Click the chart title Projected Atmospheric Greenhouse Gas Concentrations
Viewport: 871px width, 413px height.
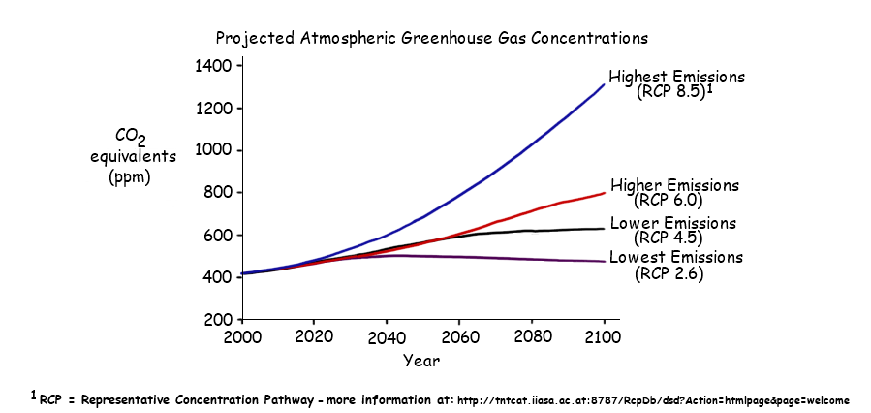pyautogui.click(x=431, y=39)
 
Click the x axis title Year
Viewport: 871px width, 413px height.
pyautogui.click(x=422, y=360)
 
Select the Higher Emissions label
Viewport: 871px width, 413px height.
pyautogui.click(x=674, y=185)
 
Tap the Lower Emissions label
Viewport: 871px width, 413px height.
pyautogui.click(x=672, y=223)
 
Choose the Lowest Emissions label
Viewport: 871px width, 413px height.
pyautogui.click(x=674, y=257)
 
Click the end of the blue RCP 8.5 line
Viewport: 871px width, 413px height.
pyautogui.click(x=604, y=84)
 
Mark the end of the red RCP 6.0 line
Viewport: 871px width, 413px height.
pyautogui.click(x=604, y=193)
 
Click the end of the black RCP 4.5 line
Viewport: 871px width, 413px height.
pyautogui.click(x=604, y=229)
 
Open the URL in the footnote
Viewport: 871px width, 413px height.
pyautogui.click(x=652, y=399)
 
